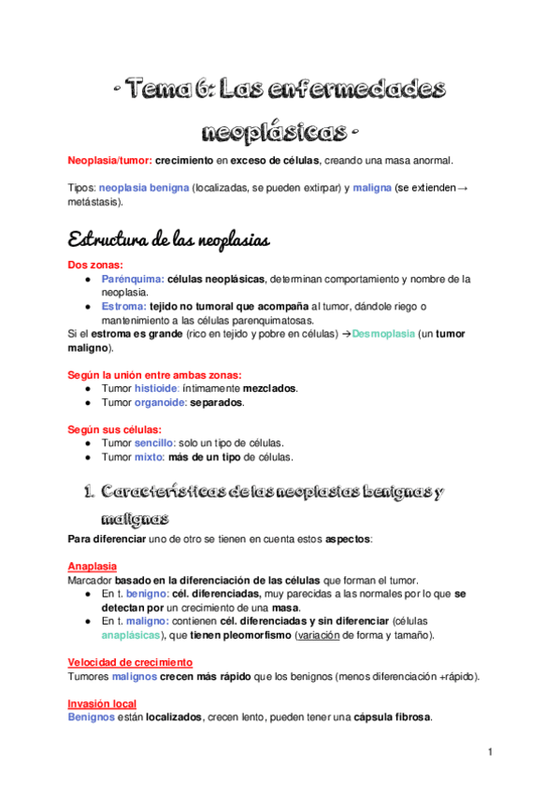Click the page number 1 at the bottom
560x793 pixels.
[490, 751]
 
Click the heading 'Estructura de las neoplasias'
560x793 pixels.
[169, 239]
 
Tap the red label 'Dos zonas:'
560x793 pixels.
[95, 265]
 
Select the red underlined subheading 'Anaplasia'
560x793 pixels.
[92, 566]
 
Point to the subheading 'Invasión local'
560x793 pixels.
[102, 703]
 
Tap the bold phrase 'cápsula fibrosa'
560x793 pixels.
[391, 717]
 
